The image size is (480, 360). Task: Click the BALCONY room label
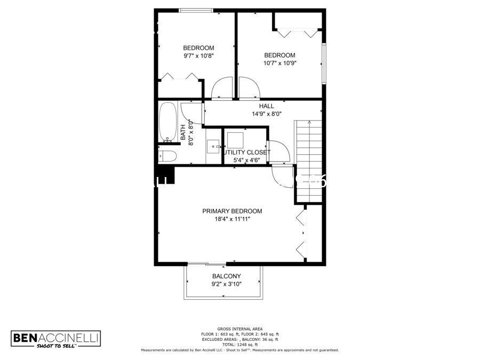pyautogui.click(x=226, y=276)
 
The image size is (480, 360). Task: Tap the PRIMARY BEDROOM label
pyautogui.click(x=232, y=211)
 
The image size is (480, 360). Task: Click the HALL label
pyautogui.click(x=267, y=106)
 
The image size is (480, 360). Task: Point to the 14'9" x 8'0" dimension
pyautogui.click(x=267, y=114)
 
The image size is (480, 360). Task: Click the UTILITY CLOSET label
pyautogui.click(x=246, y=153)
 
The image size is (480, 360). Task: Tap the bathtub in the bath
pyautogui.click(x=167, y=122)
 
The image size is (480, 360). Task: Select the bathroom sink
pyautogui.click(x=214, y=146)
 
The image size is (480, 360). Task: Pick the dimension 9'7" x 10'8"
pyautogui.click(x=198, y=55)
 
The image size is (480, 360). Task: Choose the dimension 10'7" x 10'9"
pyautogui.click(x=279, y=63)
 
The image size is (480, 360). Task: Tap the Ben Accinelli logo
pyautogui.click(x=56, y=339)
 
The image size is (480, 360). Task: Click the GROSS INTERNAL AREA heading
pyautogui.click(x=239, y=329)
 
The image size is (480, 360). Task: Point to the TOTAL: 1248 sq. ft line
pyautogui.click(x=239, y=345)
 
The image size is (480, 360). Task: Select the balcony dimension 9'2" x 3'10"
pyautogui.click(x=227, y=284)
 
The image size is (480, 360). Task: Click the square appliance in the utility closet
pyautogui.click(x=235, y=140)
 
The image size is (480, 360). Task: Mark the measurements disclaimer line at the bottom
pyautogui.click(x=239, y=350)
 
